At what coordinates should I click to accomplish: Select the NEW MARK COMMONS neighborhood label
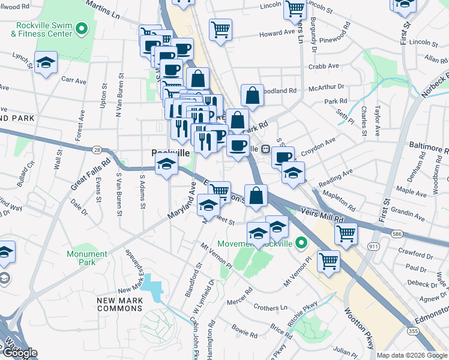point(121,304)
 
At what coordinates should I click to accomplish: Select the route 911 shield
point(373,246)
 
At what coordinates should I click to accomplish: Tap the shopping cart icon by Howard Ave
point(221,29)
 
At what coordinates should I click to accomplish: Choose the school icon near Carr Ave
point(46,63)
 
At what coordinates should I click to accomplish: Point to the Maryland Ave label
point(181,205)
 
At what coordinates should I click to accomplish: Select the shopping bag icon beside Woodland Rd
point(253,94)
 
